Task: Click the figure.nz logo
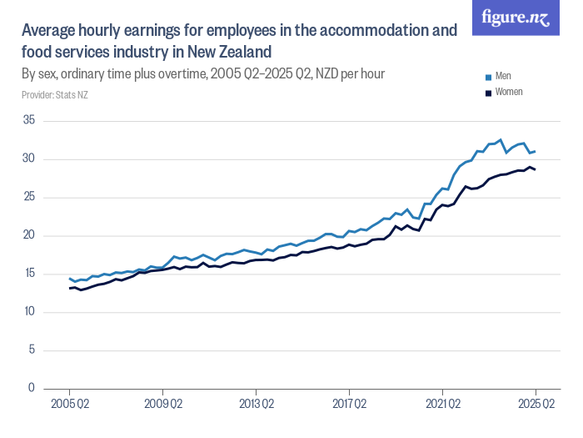(516, 18)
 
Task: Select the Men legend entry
(502, 76)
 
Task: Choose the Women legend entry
(508, 92)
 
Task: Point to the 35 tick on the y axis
(28, 120)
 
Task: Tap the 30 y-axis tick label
(28, 159)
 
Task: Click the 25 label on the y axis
(28, 197)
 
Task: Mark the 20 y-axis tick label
(28, 235)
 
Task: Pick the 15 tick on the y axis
(28, 274)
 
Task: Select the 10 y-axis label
(28, 312)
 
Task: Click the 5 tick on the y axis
(31, 350)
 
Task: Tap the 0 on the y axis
(31, 388)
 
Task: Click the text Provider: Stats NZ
(55, 95)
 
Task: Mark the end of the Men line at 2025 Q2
(536, 152)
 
